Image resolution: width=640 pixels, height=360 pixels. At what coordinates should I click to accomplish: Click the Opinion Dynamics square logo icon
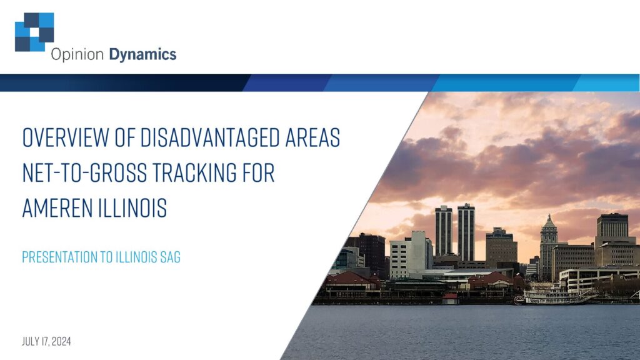34,32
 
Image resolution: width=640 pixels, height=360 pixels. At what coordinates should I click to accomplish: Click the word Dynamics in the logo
142,55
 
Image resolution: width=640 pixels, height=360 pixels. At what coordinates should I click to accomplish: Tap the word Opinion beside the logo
77,55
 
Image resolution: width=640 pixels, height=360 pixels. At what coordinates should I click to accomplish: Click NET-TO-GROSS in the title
84,172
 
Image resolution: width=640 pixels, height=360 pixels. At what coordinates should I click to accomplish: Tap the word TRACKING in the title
194,172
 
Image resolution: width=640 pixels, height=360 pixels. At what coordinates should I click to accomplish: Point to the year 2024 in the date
61,341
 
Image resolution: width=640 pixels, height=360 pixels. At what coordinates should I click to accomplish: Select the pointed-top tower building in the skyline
549,247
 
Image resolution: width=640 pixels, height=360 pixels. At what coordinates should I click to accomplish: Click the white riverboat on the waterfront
553,296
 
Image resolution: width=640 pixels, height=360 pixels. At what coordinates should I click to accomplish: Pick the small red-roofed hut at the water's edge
450,298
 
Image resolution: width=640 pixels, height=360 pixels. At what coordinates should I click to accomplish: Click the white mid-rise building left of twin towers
410,255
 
